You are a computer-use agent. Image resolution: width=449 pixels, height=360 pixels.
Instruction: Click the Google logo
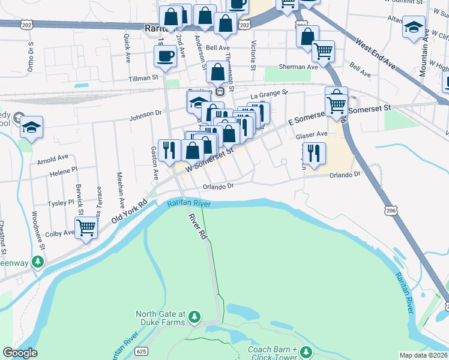[x=20, y=353]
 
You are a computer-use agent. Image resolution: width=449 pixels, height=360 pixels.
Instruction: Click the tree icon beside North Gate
[x=194, y=315]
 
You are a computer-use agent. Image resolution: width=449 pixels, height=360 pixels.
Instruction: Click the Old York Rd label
[x=129, y=212]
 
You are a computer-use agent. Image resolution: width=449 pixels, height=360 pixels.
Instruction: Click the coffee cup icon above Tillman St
[x=165, y=56]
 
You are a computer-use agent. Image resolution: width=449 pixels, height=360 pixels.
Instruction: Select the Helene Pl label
[x=64, y=170]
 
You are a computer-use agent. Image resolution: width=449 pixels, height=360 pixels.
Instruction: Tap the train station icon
[x=220, y=91]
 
